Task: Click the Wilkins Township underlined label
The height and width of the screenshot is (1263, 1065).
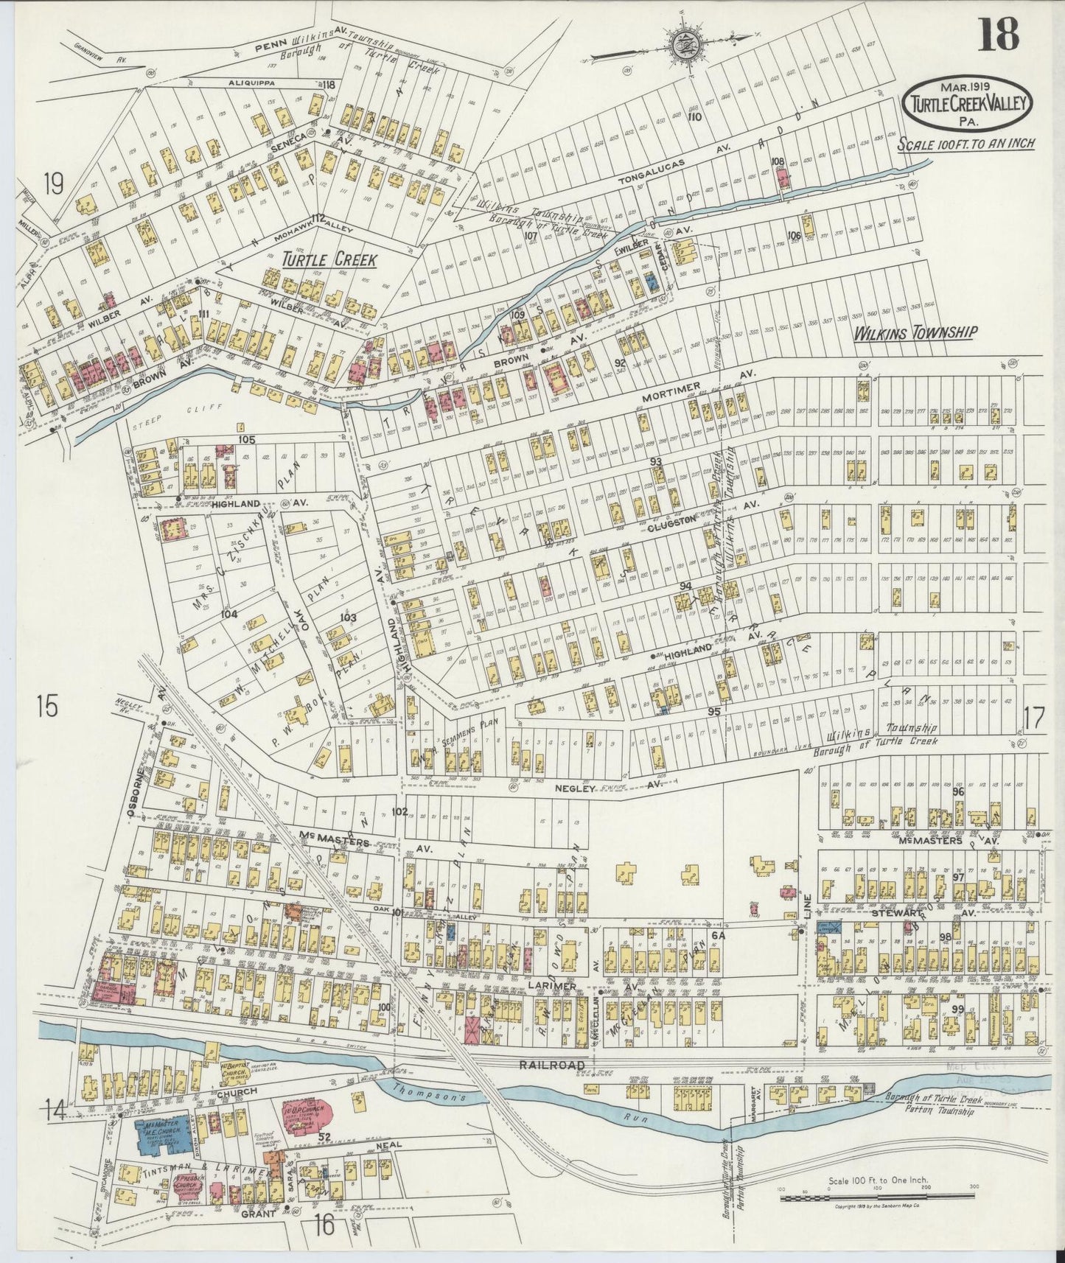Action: (x=915, y=333)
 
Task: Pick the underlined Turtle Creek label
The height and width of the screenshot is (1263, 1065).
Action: (x=329, y=259)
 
